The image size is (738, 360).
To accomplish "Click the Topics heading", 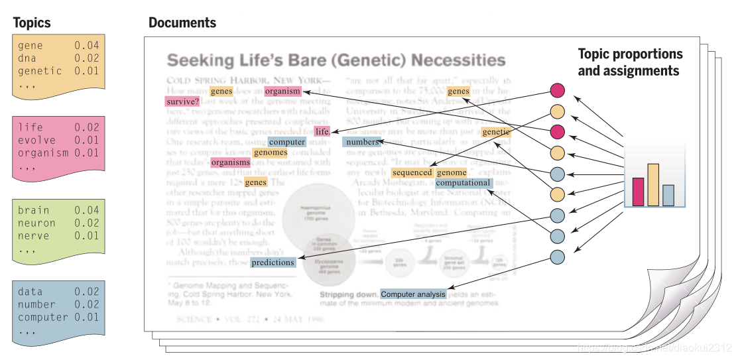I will click(32, 23).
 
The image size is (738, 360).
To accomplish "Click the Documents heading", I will click(182, 23).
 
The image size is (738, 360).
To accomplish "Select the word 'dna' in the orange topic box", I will click(27, 58).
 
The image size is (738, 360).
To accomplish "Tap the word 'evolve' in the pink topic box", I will click(36, 140).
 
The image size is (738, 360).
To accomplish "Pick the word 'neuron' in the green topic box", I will click(36, 223).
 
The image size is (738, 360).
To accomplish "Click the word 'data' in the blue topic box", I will click(31, 292).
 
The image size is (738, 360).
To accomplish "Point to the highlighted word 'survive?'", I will click(182, 102).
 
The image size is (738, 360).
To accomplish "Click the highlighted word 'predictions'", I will click(273, 263).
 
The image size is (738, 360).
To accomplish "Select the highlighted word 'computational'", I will click(463, 183).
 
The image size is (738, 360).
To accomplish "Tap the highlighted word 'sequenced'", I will click(411, 172).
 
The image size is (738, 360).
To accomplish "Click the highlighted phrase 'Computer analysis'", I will click(413, 294).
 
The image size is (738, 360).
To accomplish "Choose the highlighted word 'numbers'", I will click(361, 142).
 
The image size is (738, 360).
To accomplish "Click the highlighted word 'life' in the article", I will click(322, 131).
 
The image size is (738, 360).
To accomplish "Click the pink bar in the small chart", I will click(639, 192).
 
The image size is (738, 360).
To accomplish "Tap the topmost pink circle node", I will click(558, 90).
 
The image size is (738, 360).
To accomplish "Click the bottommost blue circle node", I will click(558, 257).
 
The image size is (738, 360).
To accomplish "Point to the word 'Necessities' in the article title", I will click(458, 61).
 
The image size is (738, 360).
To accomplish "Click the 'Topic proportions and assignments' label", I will click(629, 62).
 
